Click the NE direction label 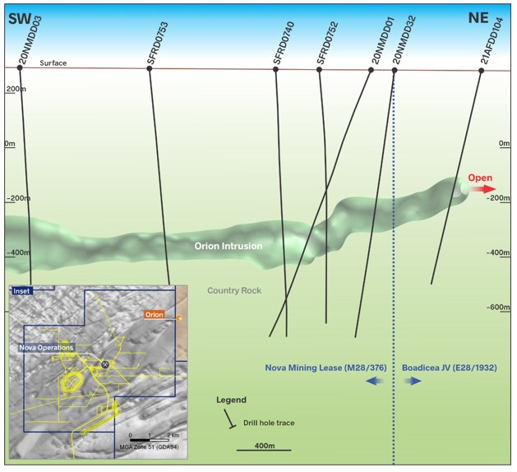[x=478, y=17]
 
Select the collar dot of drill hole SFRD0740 [x=275, y=69]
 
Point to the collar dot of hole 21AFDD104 [x=481, y=70]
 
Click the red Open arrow [x=486, y=188]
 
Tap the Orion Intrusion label [x=228, y=245]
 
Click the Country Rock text [x=235, y=290]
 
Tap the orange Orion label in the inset [x=154, y=314]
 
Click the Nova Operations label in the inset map [x=47, y=348]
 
